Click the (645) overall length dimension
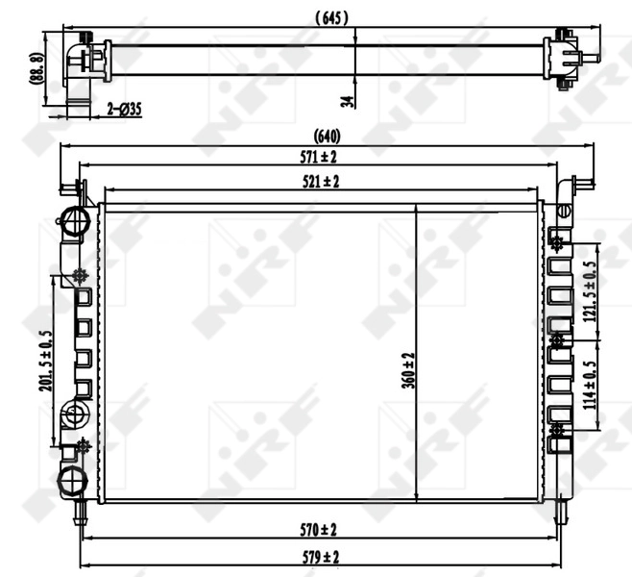pyautogui.click(x=330, y=16)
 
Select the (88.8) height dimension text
pyautogui.click(x=36, y=69)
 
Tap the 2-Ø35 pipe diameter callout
pyautogui.click(x=124, y=110)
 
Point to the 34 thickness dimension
pyautogui.click(x=348, y=96)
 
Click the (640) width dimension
pyautogui.click(x=327, y=137)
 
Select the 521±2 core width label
pyautogui.click(x=322, y=180)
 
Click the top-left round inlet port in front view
pyautogui.click(x=72, y=218)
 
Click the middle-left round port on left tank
pyautogui.click(x=74, y=415)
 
